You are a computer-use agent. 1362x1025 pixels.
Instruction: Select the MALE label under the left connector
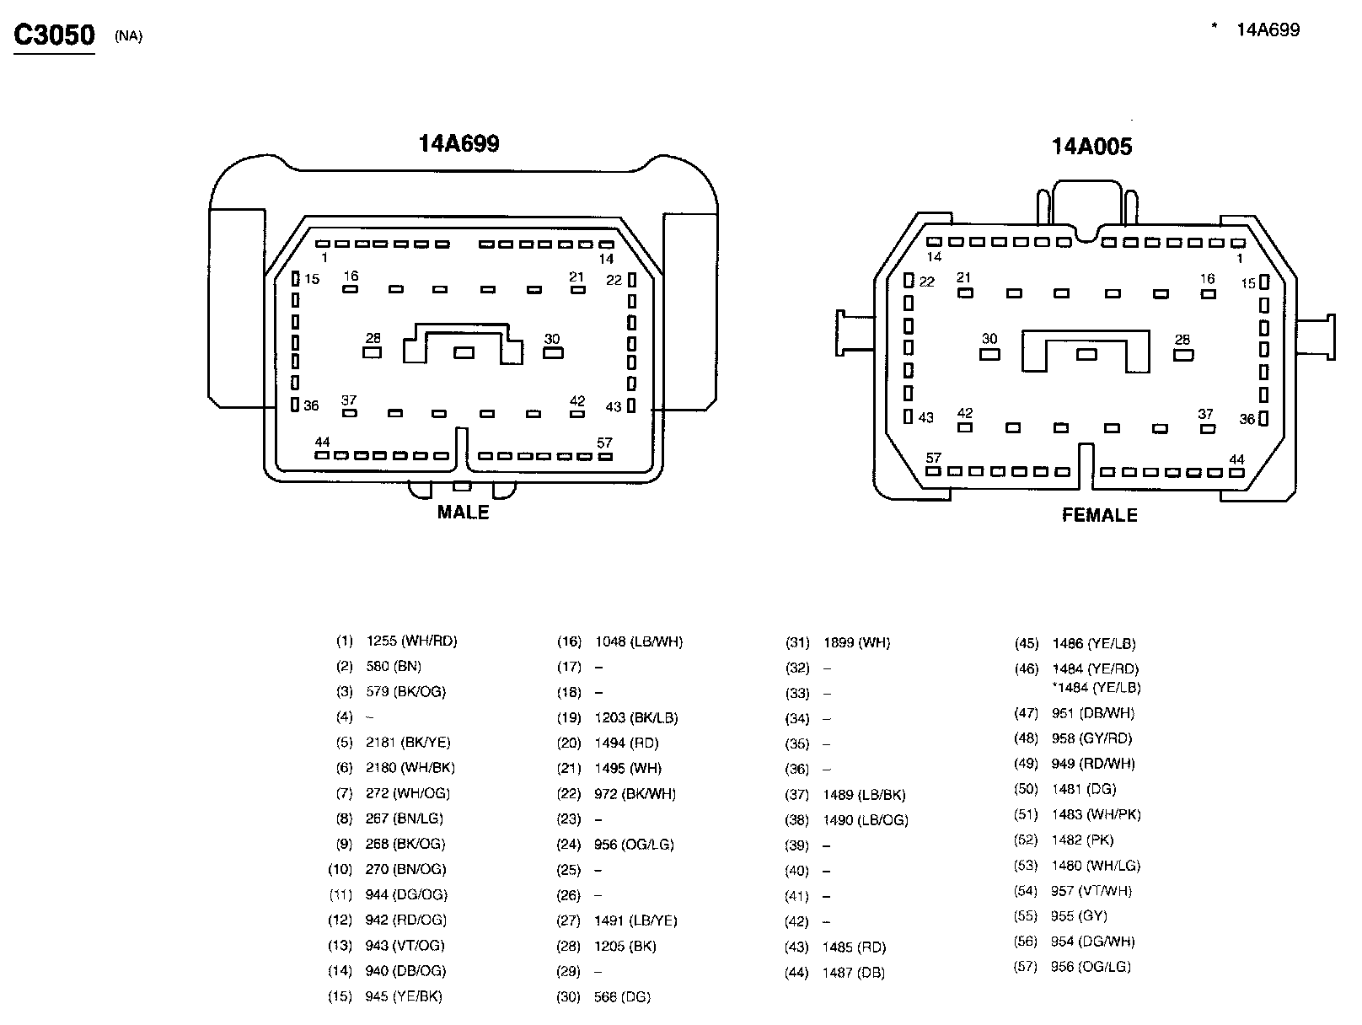463,512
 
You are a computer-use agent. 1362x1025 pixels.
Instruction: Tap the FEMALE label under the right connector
1099,515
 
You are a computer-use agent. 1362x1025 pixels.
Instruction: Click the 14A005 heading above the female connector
1091,147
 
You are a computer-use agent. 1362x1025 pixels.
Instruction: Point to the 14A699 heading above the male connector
458,143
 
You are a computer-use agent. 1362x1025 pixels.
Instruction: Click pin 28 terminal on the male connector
372,352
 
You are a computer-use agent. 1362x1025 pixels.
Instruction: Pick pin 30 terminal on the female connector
989,354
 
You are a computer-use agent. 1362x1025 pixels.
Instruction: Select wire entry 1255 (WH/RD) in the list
411,641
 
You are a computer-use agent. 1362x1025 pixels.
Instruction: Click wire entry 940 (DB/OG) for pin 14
405,971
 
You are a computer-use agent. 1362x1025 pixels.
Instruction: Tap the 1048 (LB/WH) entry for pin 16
638,642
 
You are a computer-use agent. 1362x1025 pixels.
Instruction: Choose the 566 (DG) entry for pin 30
622,997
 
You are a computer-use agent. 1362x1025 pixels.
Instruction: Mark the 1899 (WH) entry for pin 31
856,643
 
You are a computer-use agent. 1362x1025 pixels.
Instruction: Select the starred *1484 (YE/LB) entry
1096,688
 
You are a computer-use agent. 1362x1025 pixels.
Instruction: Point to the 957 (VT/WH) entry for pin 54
1091,891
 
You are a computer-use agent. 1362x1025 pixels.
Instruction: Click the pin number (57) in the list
1026,967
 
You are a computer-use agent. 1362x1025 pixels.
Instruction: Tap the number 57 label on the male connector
604,443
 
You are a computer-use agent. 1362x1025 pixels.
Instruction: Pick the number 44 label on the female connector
1236,459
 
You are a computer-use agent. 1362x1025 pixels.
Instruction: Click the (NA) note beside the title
129,36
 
